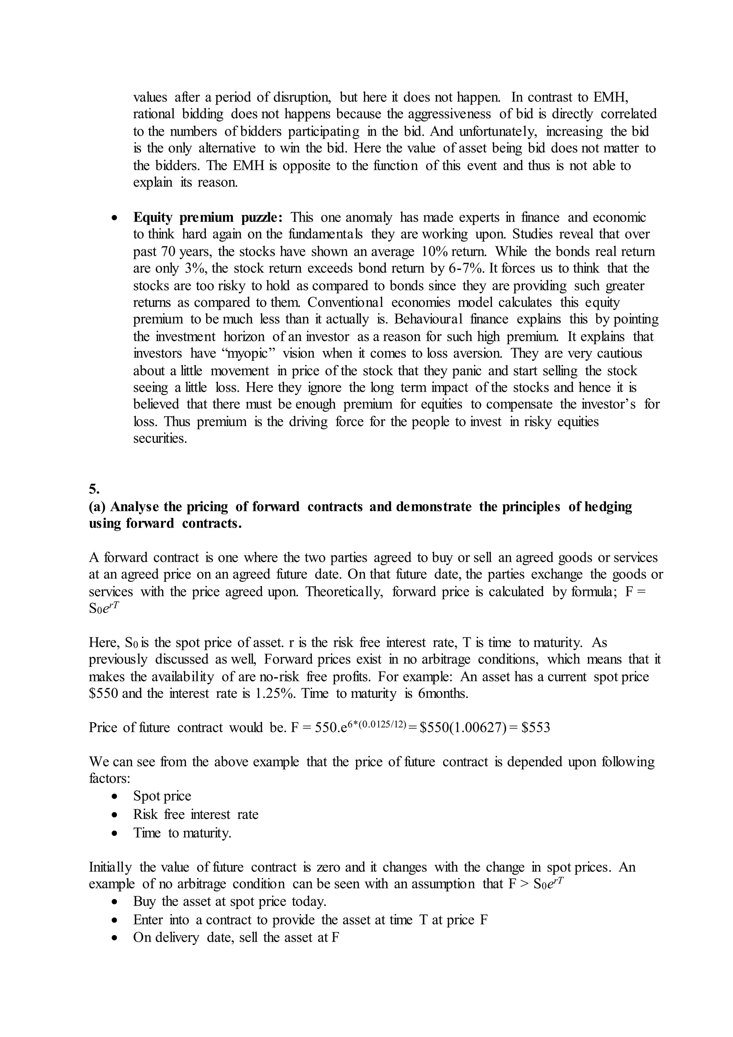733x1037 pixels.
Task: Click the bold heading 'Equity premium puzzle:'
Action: coord(208,217)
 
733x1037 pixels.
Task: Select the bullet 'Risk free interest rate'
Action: coord(195,814)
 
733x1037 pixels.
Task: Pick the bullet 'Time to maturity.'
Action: coord(182,833)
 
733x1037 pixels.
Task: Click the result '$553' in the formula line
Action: coord(535,728)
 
